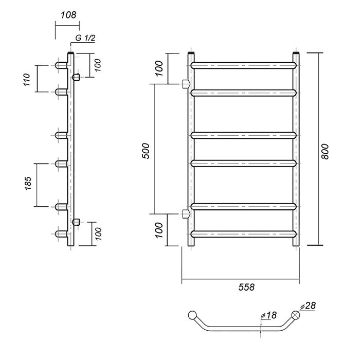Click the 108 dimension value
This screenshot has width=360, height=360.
[68, 15]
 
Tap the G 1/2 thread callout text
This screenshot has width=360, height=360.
[85, 38]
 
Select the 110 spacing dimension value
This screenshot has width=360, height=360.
[27, 80]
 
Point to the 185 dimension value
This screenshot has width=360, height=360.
[28, 183]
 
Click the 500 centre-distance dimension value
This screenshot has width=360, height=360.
[146, 151]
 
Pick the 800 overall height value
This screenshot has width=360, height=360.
[325, 152]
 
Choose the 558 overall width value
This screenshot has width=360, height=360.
[246, 287]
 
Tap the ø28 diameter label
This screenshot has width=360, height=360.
[308, 305]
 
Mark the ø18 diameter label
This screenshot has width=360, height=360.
[269, 315]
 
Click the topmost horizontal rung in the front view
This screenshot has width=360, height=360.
[243, 65]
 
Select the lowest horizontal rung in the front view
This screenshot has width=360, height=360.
[243, 234]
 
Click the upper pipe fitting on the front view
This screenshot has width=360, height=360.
[186, 84]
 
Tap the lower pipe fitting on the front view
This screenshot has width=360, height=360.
[186, 214]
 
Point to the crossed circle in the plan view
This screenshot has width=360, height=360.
[296, 315]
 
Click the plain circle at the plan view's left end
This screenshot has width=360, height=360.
[192, 315]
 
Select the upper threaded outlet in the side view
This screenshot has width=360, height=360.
[76, 77]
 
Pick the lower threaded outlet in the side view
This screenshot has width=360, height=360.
[76, 222]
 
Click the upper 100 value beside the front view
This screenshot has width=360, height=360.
[158, 68]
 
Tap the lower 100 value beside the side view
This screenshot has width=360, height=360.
[98, 233]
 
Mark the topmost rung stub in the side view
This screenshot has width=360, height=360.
[61, 65]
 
